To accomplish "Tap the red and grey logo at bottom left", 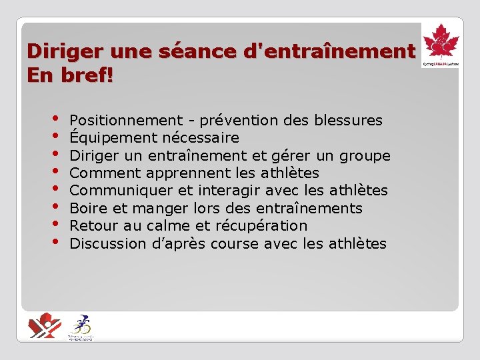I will pos(45,325).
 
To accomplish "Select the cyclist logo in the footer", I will pos(81,326).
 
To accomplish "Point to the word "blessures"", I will pos(350,121).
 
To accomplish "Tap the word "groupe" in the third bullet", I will pos(365,156).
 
